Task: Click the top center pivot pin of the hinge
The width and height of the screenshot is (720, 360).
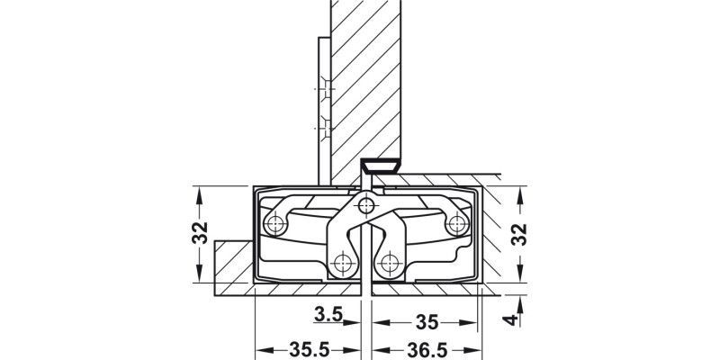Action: pyautogui.click(x=365, y=207)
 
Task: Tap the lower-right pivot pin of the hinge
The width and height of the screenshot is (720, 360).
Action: pyautogui.click(x=390, y=263)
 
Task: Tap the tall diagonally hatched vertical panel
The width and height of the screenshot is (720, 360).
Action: pyautogui.click(x=365, y=81)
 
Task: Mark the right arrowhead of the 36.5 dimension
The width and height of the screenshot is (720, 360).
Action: pyautogui.click(x=475, y=348)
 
